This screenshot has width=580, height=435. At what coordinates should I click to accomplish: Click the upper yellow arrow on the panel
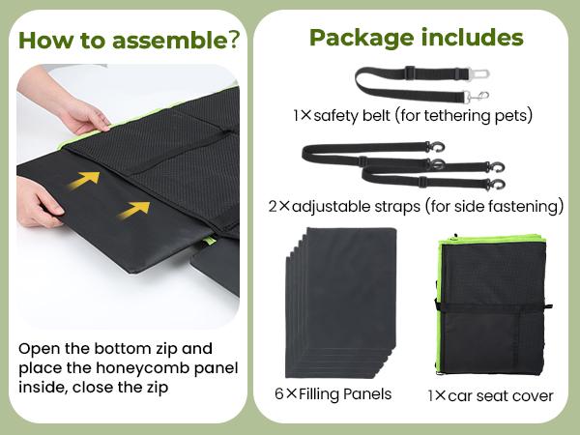[x=84, y=180]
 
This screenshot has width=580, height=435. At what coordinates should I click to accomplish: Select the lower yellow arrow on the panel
[x=134, y=210]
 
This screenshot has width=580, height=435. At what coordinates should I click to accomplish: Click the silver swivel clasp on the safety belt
[x=478, y=97]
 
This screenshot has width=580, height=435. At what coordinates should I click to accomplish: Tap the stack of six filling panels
[x=340, y=303]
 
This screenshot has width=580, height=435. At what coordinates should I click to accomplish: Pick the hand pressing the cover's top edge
[x=75, y=107]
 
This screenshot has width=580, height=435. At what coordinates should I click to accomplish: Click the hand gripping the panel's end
[x=39, y=203]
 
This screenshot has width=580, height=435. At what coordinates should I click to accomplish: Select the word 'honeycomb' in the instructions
[x=145, y=368]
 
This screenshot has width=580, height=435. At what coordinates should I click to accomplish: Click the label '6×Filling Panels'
[x=333, y=394]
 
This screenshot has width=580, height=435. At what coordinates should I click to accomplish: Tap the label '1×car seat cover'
[x=490, y=395]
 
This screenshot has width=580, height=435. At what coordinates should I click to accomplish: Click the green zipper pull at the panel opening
[x=211, y=241]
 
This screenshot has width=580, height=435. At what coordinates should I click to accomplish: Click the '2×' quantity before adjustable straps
[x=279, y=207]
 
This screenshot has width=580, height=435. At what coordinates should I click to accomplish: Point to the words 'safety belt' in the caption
[x=352, y=115]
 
